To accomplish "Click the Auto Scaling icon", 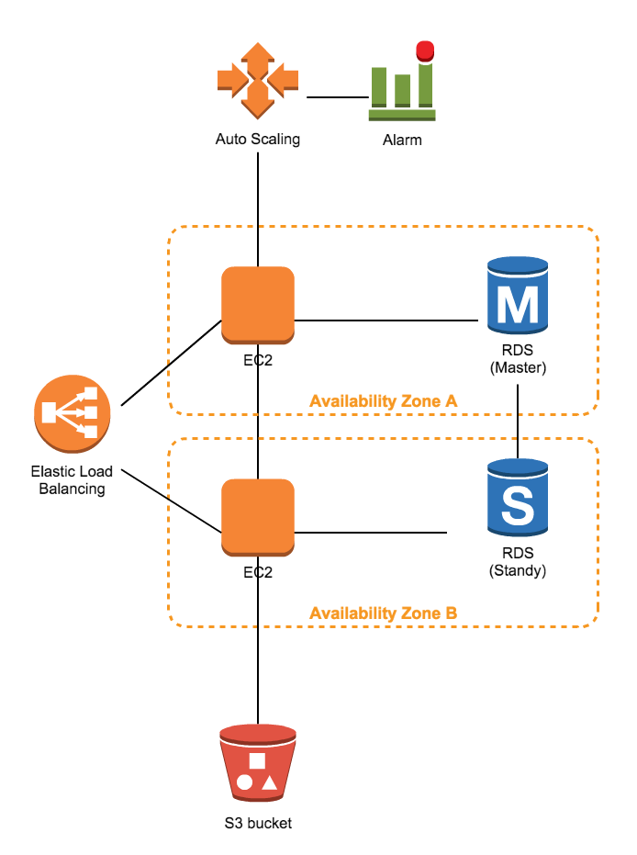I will pyautogui.click(x=258, y=80).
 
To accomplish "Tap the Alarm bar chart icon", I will pyautogui.click(x=401, y=88).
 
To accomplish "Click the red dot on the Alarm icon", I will pyautogui.click(x=423, y=50).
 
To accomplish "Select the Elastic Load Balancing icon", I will pyautogui.click(x=73, y=412).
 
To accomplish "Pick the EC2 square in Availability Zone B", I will pyautogui.click(x=258, y=517).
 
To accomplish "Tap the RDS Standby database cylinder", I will pyautogui.click(x=519, y=500).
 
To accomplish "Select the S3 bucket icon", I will pyautogui.click(x=258, y=762).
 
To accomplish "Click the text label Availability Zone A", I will pyautogui.click(x=383, y=401).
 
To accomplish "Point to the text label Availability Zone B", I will pyautogui.click(x=383, y=613).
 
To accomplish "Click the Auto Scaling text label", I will pyautogui.click(x=258, y=141).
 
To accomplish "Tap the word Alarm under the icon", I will pyautogui.click(x=402, y=141).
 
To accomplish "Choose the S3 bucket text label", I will pyautogui.click(x=258, y=823).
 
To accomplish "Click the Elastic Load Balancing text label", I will pyautogui.click(x=72, y=480).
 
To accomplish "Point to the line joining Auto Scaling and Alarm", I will pyautogui.click(x=337, y=97).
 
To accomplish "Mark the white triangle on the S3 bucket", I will pyautogui.click(x=269, y=783).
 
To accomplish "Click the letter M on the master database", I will pyautogui.click(x=520, y=304).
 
